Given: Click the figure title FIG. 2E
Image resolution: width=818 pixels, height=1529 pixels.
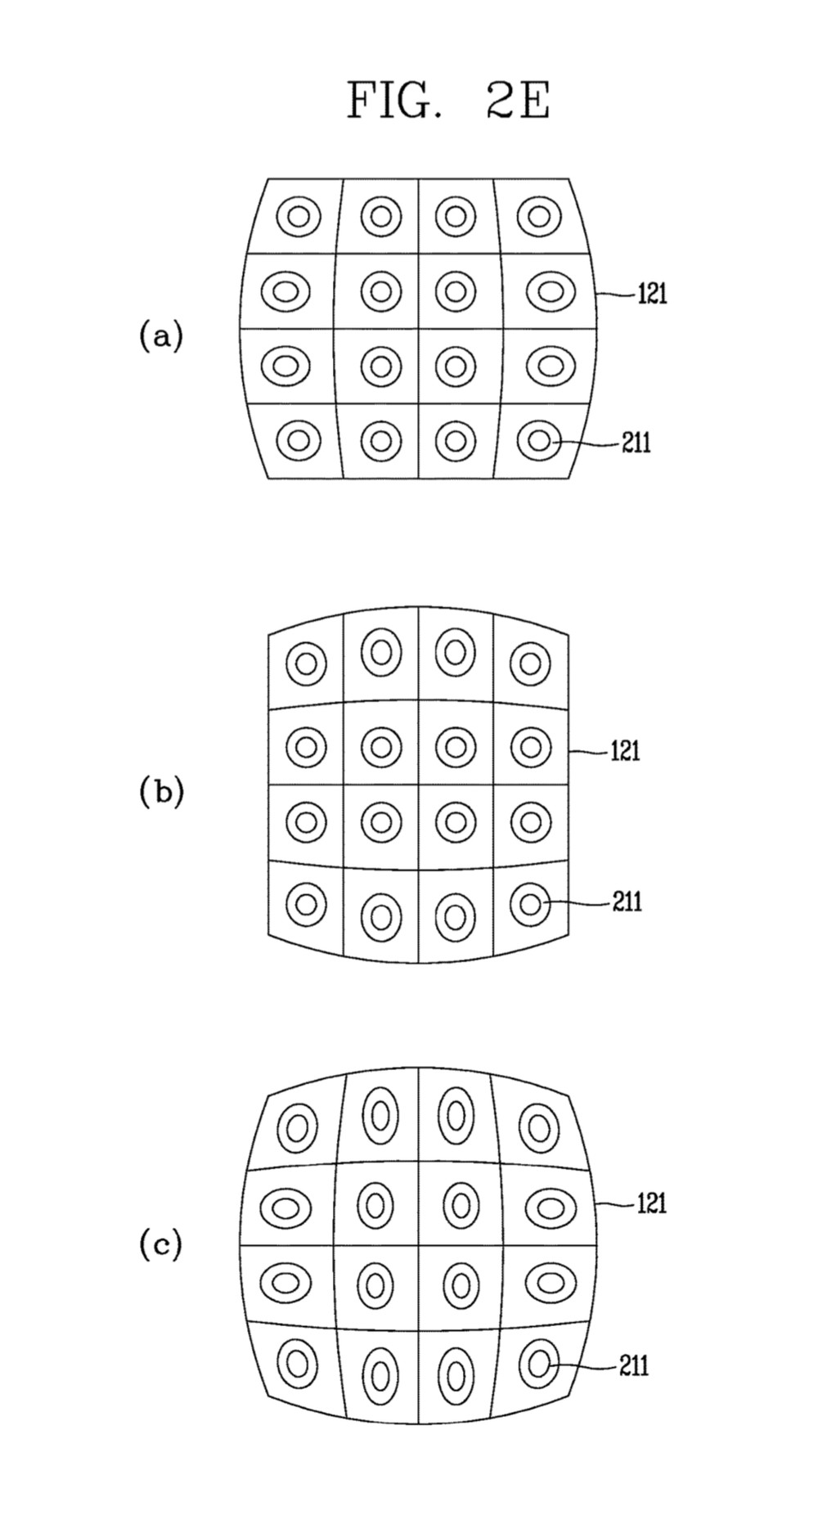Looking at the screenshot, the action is (448, 102).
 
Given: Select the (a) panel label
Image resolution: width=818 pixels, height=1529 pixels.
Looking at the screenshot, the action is (160, 336).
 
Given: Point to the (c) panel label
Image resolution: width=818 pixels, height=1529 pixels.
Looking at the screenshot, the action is (160, 1245).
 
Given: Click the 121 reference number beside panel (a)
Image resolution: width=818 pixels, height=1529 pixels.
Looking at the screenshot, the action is (652, 293).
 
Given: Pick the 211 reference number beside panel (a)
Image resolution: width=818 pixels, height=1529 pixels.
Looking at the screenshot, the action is (636, 443).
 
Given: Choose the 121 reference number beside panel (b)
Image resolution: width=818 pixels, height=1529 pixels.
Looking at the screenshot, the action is (625, 750).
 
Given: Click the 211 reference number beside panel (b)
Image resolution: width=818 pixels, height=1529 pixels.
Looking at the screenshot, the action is (627, 902).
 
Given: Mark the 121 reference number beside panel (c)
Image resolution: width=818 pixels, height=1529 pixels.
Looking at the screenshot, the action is (652, 1203).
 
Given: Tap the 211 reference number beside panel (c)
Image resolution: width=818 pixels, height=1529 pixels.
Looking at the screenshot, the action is (634, 1365).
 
